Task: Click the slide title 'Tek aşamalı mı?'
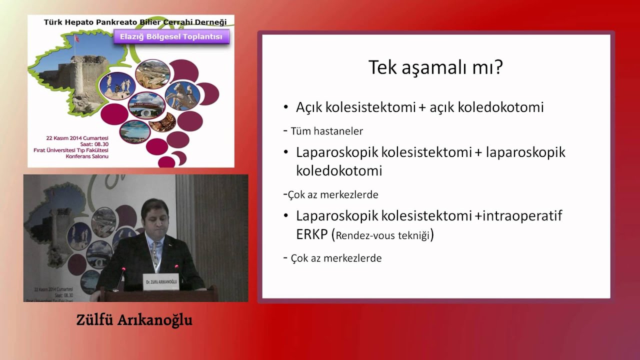coord(435,67)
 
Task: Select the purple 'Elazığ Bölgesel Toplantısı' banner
coord(171,36)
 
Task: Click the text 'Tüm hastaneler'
coord(326,131)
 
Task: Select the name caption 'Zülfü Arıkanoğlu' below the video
coord(134,320)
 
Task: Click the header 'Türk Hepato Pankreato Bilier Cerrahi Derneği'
coord(135,22)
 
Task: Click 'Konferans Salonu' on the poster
coord(87,156)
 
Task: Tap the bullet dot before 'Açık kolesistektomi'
coord(286,107)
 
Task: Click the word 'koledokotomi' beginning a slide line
coord(339,170)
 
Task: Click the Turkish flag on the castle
coord(76,38)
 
